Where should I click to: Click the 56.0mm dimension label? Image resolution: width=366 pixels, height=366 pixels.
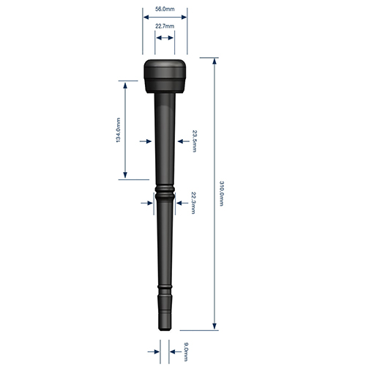pyautogui.click(x=165, y=9)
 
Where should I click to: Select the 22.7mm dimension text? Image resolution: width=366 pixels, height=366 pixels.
pyautogui.click(x=165, y=26)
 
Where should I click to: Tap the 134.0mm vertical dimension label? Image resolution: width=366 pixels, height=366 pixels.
pyautogui.click(x=119, y=130)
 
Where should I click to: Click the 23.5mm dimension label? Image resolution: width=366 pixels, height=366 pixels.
pyautogui.click(x=194, y=140)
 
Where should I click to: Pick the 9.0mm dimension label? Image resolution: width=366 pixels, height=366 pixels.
pyautogui.click(x=186, y=352)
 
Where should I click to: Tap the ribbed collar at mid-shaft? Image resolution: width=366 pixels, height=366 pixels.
pyautogui.click(x=165, y=193)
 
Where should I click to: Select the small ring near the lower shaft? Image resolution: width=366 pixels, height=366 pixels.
pyautogui.click(x=165, y=285)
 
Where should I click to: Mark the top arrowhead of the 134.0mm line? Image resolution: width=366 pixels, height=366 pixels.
pyautogui.click(x=126, y=84)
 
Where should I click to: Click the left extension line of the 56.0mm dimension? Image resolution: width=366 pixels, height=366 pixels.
pyautogui.click(x=142, y=33)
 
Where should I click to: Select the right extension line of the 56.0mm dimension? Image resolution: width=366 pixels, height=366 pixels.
pyautogui.click(x=187, y=33)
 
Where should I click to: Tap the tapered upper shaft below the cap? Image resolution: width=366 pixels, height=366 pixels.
pyautogui.click(x=165, y=132)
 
